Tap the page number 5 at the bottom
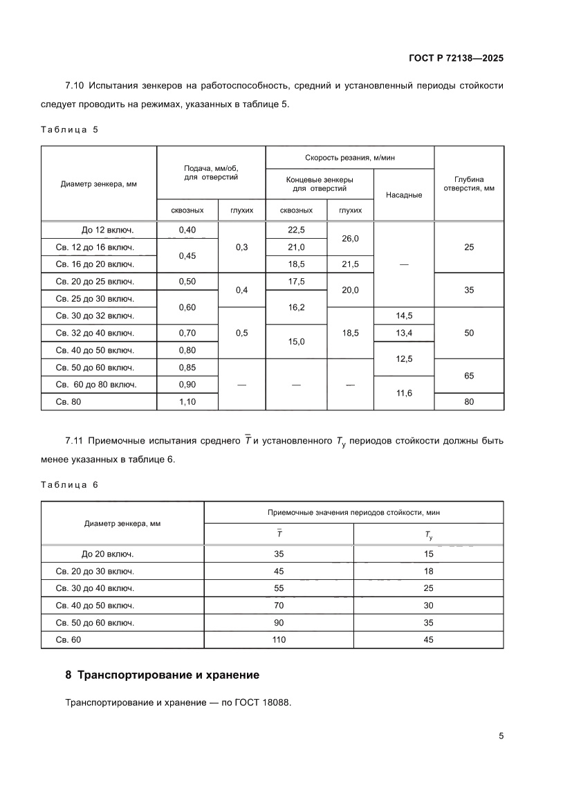pos(501,736)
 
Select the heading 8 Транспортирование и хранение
pos(162,674)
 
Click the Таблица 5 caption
pos(70,129)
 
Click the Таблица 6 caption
pos(70,484)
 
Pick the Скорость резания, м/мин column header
pos(350,157)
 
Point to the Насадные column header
pos(404,194)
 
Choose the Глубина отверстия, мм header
pos(469,183)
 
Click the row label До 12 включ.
pos(107,230)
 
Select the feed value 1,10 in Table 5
pos(187,401)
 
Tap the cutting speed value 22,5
pos(296,230)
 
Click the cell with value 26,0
pos(350,238)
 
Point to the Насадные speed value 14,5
pos(404,316)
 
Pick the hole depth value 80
pos(469,401)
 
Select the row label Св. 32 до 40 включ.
pos(95,333)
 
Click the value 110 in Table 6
pos(279,639)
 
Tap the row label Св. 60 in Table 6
pos(68,639)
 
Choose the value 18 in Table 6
pos(428,571)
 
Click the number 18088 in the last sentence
pos(277,702)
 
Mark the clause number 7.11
pos(74,441)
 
